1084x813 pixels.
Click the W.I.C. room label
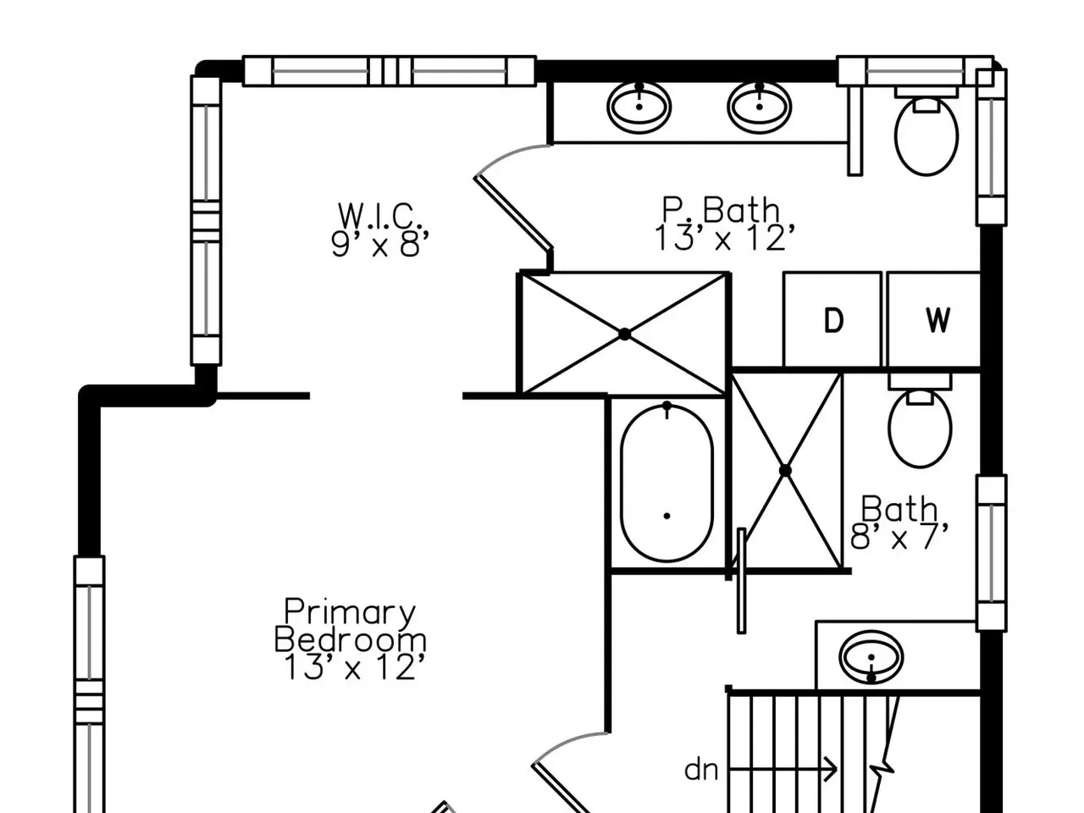point(379,216)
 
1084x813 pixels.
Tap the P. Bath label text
point(720,210)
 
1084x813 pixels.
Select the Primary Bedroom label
point(350,626)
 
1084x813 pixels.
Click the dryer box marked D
point(832,319)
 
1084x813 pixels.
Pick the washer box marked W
point(934,319)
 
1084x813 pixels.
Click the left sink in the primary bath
point(639,107)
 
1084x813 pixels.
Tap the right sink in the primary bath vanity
point(759,107)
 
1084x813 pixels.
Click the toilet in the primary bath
point(926,132)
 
